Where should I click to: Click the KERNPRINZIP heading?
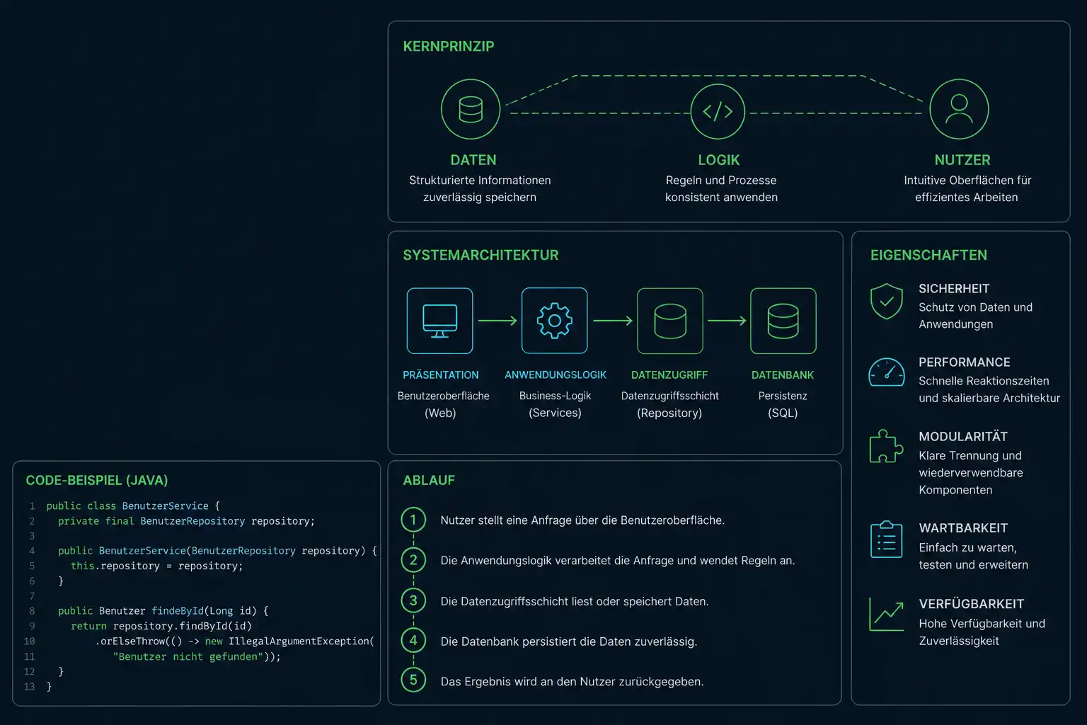coord(449,46)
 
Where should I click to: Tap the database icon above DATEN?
coord(470,109)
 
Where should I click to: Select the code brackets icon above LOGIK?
coord(718,111)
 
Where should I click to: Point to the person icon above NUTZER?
coord(959,109)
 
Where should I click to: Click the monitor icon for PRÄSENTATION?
coord(439,321)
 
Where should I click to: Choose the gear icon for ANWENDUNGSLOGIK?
coord(554,321)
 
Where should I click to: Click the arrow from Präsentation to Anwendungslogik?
coord(498,321)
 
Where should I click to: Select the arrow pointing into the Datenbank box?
coord(727,321)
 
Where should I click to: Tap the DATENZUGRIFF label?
coord(669,375)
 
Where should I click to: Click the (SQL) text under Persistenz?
coord(783,413)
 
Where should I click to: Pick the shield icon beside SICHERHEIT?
coord(886,301)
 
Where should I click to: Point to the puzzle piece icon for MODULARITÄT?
coord(886,446)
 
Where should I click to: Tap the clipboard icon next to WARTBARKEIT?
coord(886,539)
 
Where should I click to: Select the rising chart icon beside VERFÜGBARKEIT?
coord(886,615)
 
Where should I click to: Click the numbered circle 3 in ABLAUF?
coord(413,600)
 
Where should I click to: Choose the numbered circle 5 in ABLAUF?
coord(413,680)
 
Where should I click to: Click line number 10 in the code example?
coord(29,641)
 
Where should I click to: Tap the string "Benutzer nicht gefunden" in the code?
coord(188,656)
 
